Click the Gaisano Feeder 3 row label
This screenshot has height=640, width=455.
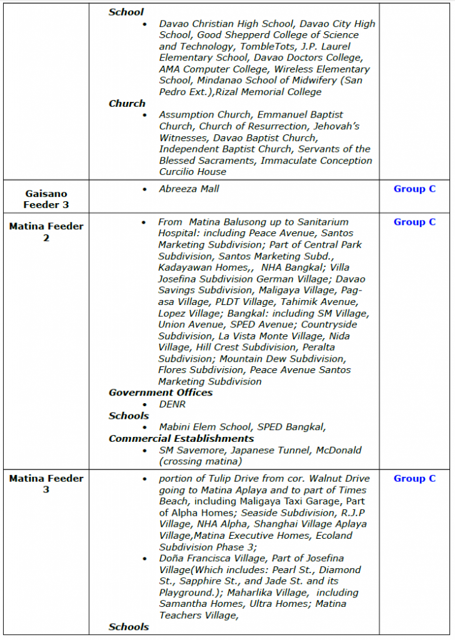[46, 199]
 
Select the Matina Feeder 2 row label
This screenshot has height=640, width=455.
[46, 232]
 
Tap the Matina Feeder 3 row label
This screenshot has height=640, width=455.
[46, 484]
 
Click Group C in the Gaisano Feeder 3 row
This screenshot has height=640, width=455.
[414, 189]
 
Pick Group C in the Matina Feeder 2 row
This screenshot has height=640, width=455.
[414, 222]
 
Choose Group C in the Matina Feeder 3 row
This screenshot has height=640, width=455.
[414, 479]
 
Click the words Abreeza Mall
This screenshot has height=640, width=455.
[189, 189]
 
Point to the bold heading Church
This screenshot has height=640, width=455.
[127, 104]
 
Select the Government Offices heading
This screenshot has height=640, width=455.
[161, 393]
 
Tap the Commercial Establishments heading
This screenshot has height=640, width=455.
[181, 439]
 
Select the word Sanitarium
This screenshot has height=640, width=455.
[302, 222]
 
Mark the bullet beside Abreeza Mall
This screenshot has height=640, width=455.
[145, 189]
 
